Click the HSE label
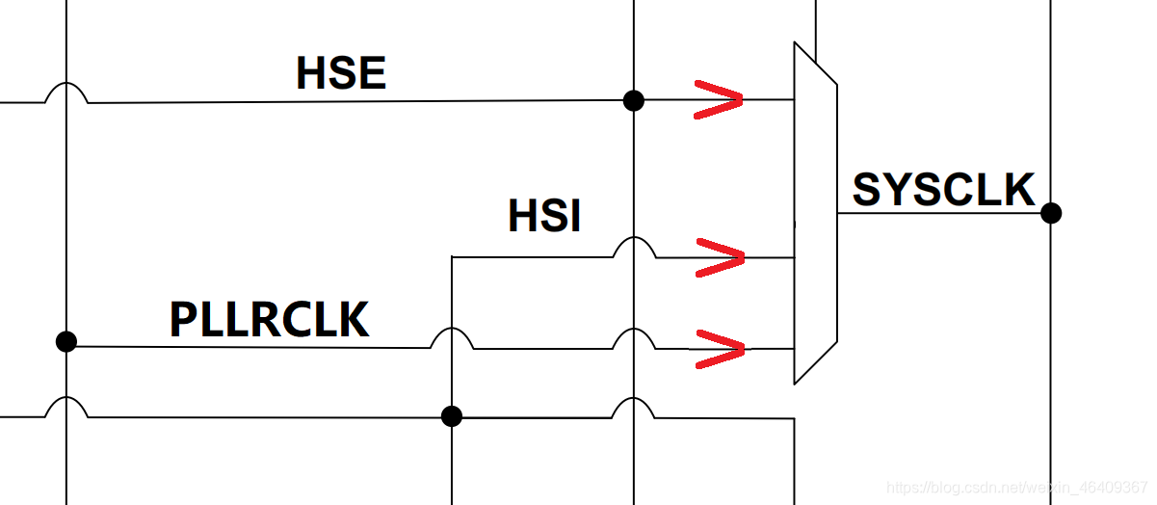tap(341, 73)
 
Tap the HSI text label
tap(544, 217)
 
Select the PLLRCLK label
tap(270, 320)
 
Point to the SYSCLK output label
tap(943, 190)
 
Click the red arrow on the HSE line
tap(719, 99)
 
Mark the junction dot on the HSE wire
tap(633, 100)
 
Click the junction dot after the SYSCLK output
tap(1051, 213)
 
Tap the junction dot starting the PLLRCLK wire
tap(66, 341)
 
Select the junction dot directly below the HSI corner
tap(451, 416)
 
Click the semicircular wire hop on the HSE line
tap(66, 93)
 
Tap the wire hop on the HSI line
tap(634, 248)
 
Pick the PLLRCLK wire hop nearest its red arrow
tap(634, 339)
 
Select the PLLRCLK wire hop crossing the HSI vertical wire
tap(451, 338)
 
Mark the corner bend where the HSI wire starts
tap(452, 257)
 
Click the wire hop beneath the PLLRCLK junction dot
tap(66, 407)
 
